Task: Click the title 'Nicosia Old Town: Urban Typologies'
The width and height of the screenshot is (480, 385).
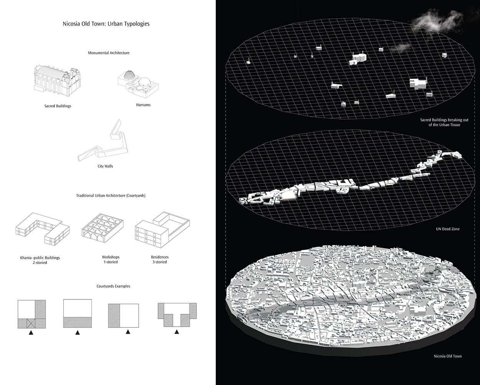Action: click(106, 24)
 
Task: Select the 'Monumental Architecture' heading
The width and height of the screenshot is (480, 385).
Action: click(109, 53)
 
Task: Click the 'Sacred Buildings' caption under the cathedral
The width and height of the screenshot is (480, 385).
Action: click(58, 106)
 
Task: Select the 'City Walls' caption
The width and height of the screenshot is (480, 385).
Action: click(105, 166)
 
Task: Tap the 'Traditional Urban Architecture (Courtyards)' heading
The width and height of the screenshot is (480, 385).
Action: click(111, 196)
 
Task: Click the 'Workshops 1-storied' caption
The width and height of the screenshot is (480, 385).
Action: click(110, 259)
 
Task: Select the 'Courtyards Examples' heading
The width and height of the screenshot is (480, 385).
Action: click(113, 286)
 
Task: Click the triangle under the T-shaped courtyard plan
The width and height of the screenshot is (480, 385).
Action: click(177, 332)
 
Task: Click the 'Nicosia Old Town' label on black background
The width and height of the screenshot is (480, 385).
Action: click(448, 356)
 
